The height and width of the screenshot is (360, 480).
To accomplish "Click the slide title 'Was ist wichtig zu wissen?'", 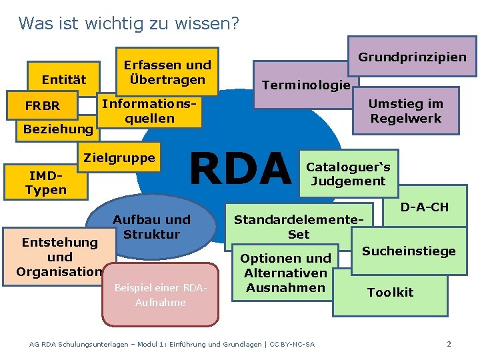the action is tap(129, 23).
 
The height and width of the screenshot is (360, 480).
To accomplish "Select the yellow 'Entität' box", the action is tap(63, 79).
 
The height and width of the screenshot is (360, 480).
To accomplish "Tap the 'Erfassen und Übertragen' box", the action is tap(167, 72).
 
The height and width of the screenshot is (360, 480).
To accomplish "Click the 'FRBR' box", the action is tap(42, 105).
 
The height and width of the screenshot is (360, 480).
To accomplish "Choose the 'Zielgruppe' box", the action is tap(119, 158).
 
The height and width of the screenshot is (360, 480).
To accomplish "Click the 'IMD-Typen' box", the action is tap(45, 183).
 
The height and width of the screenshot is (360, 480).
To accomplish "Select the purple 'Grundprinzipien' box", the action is tap(412, 57).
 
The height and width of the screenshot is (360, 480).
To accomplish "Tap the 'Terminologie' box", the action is tap(305, 85).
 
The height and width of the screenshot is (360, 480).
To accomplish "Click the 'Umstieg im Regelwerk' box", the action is tap(405, 111).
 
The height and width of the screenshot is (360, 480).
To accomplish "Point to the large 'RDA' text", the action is tap(240, 169).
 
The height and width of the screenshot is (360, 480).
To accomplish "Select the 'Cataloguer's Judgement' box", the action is tap(348, 174).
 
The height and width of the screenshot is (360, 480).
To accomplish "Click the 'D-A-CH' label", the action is tap(424, 207).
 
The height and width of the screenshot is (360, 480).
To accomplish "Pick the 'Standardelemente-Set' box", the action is tap(299, 227).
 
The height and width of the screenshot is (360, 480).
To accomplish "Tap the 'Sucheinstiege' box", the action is tap(409, 251).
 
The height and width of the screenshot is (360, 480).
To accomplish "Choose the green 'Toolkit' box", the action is tap(390, 292).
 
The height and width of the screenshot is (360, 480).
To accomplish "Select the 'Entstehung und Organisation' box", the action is tap(59, 257).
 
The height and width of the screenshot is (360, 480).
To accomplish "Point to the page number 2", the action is tap(449, 344).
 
